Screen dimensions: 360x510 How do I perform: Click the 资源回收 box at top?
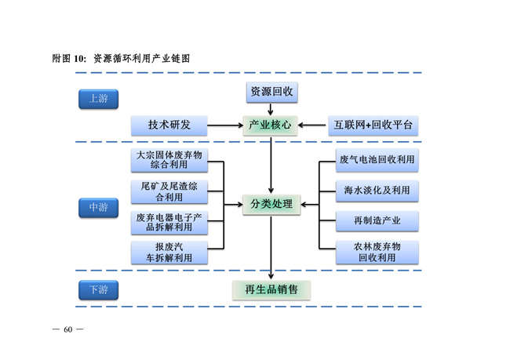click(271, 92)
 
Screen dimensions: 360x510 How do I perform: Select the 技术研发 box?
click(169, 125)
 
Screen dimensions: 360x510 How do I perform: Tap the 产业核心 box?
click(271, 125)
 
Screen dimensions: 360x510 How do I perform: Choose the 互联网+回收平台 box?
click(371, 125)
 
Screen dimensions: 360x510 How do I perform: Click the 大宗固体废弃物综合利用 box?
click(169, 161)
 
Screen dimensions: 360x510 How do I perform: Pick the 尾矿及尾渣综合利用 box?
click(169, 191)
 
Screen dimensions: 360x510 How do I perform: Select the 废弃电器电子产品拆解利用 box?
click(169, 222)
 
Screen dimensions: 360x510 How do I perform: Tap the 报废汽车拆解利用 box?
click(169, 252)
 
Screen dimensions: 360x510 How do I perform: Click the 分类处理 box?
click(271, 205)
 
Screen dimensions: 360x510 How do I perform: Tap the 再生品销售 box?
click(271, 289)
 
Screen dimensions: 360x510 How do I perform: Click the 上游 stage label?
click(98, 99)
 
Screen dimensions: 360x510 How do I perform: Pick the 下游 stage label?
click(98, 289)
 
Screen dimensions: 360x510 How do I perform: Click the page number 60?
click(68, 328)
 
